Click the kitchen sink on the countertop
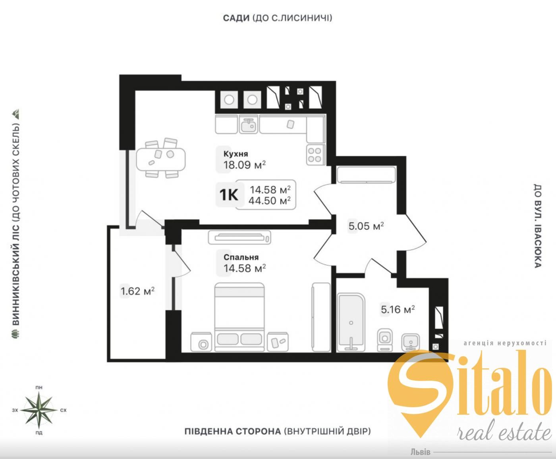(249, 124)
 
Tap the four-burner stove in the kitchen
(315, 154)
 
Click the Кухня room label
(236, 154)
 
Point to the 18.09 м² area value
(245, 165)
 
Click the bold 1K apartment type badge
(228, 194)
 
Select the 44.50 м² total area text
(270, 200)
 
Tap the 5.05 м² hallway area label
(366, 226)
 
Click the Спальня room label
(241, 257)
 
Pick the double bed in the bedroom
(239, 317)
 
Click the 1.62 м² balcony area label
(138, 291)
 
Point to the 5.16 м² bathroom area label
(398, 309)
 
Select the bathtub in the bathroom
(351, 323)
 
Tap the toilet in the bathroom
(385, 339)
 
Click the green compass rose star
(39, 410)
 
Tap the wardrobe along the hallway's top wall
(366, 175)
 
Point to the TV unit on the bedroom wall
(239, 237)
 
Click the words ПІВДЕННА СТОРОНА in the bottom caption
(233, 431)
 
